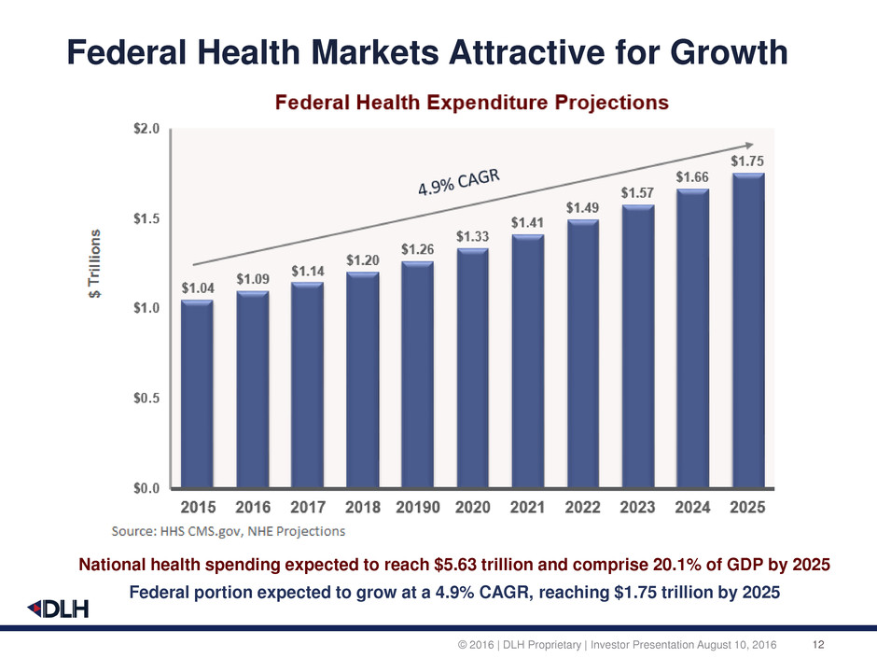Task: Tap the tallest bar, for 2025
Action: (x=748, y=330)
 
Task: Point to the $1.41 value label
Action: (x=528, y=223)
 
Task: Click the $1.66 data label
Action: (x=693, y=177)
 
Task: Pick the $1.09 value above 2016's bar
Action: (x=253, y=279)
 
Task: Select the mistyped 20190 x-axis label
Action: (x=418, y=508)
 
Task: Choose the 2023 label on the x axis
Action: (x=638, y=508)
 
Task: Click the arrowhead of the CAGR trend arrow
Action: (x=748, y=145)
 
